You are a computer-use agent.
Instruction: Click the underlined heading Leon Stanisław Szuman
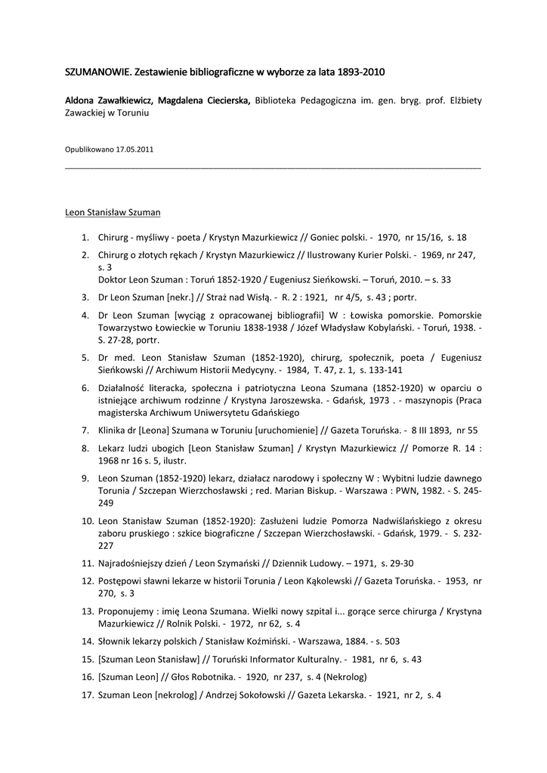tap(113, 212)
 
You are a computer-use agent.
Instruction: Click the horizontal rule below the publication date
tap(273, 167)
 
